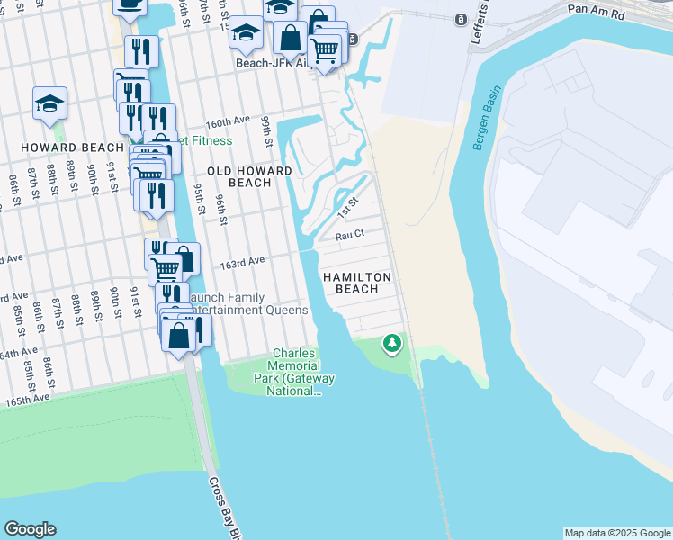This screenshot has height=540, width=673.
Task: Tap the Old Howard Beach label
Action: coord(249,176)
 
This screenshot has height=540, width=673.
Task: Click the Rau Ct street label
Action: coord(349,235)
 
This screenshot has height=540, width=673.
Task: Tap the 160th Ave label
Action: coord(227,121)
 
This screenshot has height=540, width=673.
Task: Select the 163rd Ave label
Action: coord(242,261)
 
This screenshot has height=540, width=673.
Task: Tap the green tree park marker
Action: coord(391,343)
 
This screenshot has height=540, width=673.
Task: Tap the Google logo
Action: coord(30,529)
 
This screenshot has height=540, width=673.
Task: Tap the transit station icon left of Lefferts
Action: coord(460,19)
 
